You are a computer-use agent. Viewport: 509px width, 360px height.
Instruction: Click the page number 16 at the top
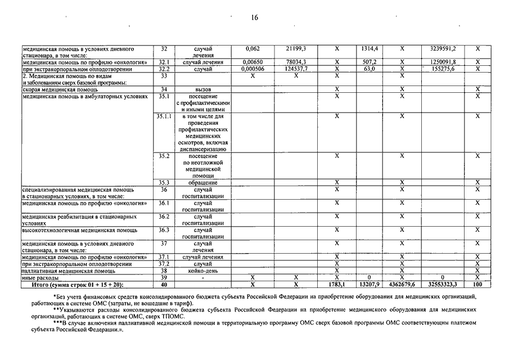point(254,17)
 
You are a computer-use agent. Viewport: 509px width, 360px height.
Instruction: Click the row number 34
point(164,89)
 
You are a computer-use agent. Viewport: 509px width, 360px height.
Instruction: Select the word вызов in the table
point(202,89)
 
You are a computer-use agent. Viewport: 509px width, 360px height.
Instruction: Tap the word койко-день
point(202,271)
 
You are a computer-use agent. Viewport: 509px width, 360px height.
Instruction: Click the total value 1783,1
point(336,284)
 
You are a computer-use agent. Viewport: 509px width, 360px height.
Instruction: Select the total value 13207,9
point(369,284)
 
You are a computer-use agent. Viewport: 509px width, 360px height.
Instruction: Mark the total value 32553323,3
point(443,284)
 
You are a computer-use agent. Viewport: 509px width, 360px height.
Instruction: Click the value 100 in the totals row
point(478,284)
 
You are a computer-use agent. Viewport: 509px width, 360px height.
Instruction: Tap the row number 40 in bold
point(164,284)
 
